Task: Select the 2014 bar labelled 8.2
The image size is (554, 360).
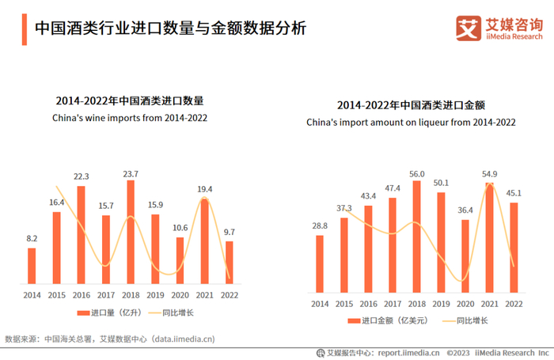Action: coord(32,266)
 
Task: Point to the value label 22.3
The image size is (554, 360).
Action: coord(81,176)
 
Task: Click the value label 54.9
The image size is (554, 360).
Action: coord(489,174)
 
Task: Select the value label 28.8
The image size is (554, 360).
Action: coord(320,226)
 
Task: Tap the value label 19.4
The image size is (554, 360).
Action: coord(204,188)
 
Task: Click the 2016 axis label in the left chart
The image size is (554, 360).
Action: coord(81,294)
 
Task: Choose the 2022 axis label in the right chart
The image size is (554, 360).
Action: coord(514,304)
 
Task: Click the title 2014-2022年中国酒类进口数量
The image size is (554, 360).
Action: coord(130,102)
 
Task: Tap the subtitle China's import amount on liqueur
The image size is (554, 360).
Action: coord(412,123)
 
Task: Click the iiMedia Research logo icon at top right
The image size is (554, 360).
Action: coord(469,28)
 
